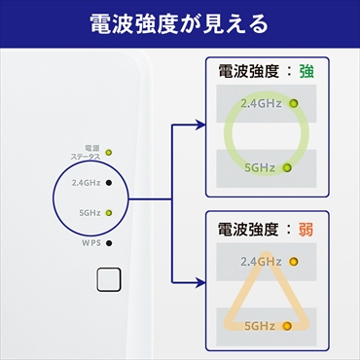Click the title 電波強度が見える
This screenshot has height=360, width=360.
pyautogui.click(x=179, y=23)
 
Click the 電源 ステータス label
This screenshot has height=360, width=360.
pyautogui.click(x=86, y=152)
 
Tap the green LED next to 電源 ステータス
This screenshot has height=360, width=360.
pyautogui.click(x=109, y=152)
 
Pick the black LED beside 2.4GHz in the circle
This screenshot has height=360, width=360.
pyautogui.click(x=109, y=182)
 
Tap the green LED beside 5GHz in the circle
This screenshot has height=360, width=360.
pyautogui.click(x=109, y=212)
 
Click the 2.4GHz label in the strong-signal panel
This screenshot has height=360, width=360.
pyautogui.click(x=261, y=102)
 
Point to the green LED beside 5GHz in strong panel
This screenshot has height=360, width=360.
pyautogui.click(x=287, y=167)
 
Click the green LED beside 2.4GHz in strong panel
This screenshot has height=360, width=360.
pyautogui.click(x=292, y=102)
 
